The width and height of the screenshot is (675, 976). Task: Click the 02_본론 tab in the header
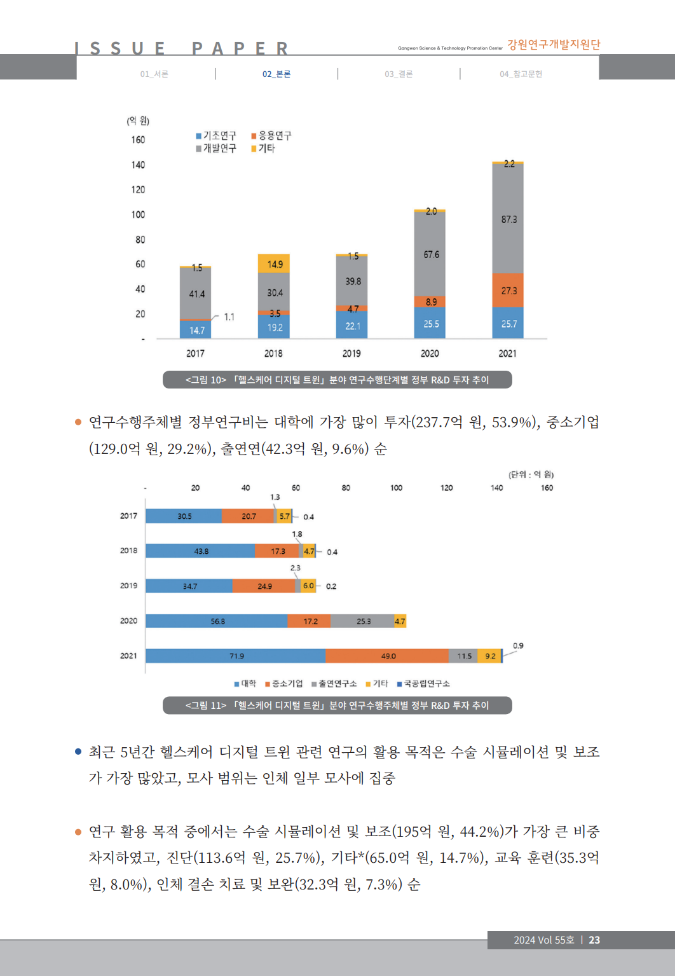point(276,74)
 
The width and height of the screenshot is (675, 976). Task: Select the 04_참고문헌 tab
point(521,74)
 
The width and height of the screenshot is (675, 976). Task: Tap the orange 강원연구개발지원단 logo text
point(554,45)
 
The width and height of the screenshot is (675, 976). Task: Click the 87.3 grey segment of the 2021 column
point(508,219)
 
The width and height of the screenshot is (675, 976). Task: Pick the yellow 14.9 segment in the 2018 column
point(275,264)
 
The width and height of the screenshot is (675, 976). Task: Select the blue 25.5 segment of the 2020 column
point(430,324)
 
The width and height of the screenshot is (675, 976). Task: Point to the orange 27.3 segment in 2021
point(508,291)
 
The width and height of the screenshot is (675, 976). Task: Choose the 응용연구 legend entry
point(271,135)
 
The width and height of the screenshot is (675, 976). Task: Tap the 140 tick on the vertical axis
point(138,165)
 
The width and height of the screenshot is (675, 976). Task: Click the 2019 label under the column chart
point(351,354)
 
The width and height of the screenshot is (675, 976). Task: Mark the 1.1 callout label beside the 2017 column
point(229,317)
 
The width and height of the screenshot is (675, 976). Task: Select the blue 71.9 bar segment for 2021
point(236,656)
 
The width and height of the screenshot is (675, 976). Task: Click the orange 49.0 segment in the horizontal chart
point(388,656)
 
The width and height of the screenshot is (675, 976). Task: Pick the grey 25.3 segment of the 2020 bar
point(363,621)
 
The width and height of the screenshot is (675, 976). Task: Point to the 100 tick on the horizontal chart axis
point(396,488)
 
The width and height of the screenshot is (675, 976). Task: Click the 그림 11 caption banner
point(337,705)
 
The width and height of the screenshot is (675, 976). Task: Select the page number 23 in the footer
point(594,940)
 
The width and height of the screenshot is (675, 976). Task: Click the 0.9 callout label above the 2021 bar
point(518,645)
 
